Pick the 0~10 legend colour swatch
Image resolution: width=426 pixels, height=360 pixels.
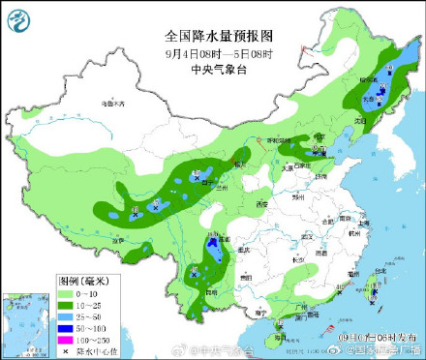pyautogui.click(x=65, y=292)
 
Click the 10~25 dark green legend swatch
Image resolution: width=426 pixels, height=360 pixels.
pyautogui.click(x=65, y=303)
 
